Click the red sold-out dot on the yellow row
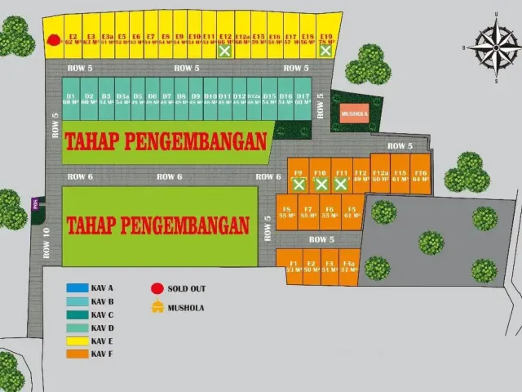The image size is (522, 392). pyautogui.click(x=53, y=38)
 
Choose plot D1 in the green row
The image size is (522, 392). pyautogui.click(x=71, y=99)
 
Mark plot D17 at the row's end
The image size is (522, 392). pyautogui.click(x=303, y=99)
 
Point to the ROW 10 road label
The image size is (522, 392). pyautogui.click(x=46, y=242)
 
